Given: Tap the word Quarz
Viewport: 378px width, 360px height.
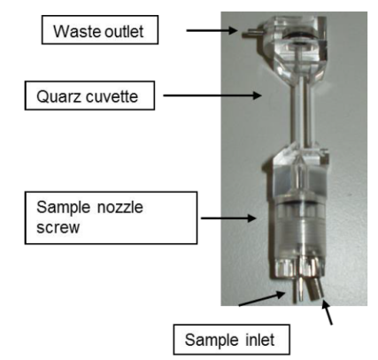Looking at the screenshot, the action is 55,96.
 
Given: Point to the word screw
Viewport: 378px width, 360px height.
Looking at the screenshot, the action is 58,227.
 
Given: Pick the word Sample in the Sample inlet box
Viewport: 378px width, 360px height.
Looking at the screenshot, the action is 212,341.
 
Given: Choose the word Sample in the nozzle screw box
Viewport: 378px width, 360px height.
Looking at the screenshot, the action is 63,208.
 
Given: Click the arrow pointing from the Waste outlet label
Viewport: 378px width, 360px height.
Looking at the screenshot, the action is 212,30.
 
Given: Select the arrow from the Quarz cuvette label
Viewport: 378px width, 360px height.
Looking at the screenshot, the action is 212,96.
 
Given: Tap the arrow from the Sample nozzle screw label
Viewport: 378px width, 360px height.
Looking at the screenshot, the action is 228,218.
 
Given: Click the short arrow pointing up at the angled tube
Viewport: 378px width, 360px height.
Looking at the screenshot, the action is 327,312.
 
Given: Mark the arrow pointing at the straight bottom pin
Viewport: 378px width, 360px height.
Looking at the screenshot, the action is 262,298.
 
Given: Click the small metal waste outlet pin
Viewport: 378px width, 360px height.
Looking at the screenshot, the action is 250,34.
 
